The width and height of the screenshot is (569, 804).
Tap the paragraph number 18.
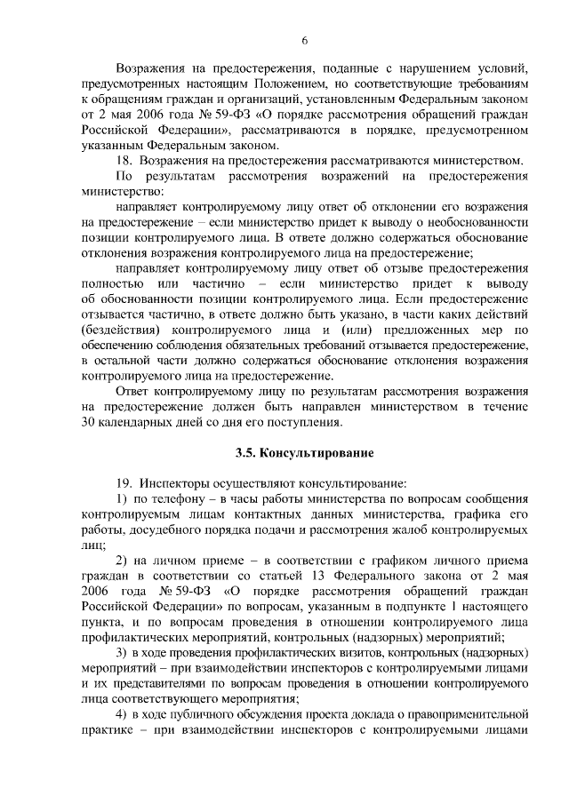(x=125, y=160)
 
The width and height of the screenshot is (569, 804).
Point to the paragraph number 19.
(x=125, y=483)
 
